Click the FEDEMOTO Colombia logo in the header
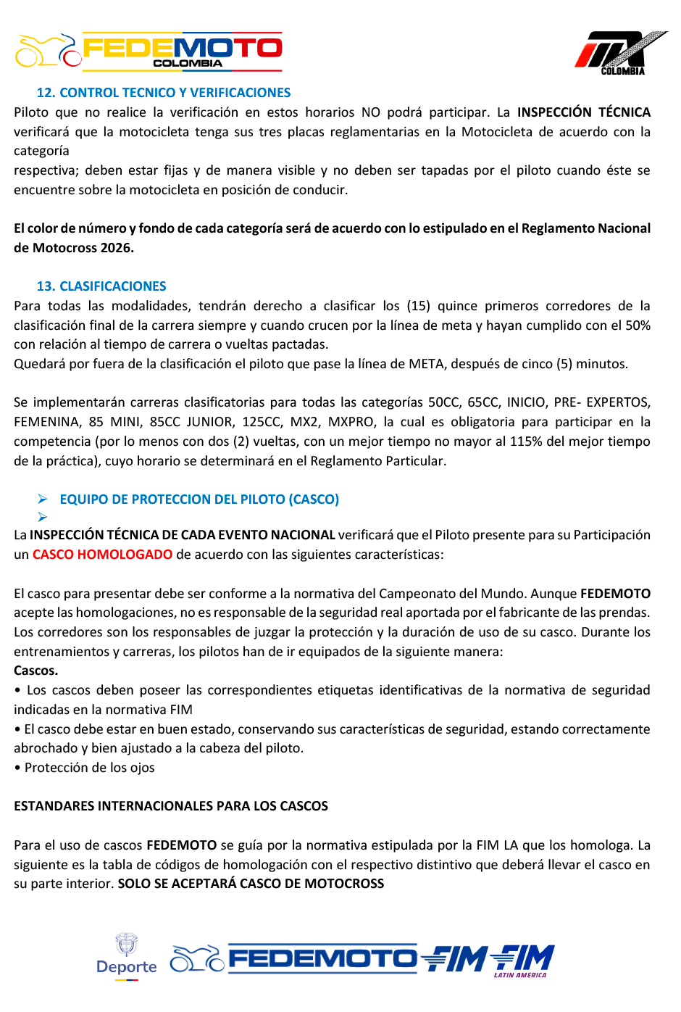click(149, 51)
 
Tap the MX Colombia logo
click(620, 52)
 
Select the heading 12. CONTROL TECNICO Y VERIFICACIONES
click(164, 93)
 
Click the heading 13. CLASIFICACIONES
click(101, 286)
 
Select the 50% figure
click(638, 325)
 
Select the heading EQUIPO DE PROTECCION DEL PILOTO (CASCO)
click(199, 499)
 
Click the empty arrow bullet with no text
click(43, 517)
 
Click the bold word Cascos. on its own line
click(35, 671)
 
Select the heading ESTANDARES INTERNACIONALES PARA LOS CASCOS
click(171, 806)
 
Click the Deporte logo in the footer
click(127, 957)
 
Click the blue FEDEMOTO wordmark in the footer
click(322, 959)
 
